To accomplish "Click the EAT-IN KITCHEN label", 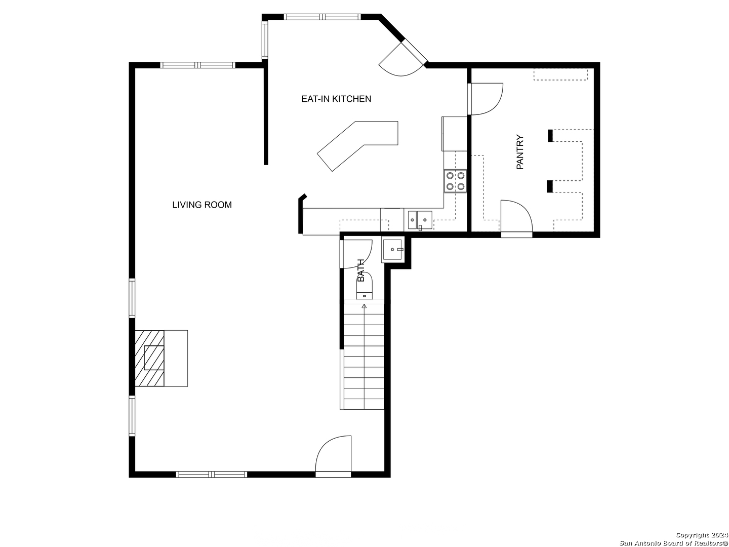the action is tap(336, 99).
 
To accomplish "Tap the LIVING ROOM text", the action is tap(202, 205).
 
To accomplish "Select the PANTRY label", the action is tap(520, 152).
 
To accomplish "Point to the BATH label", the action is tap(360, 270).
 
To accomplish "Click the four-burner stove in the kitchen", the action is tap(455, 181).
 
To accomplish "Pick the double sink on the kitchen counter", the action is tap(420, 220).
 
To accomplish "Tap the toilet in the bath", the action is tap(364, 286).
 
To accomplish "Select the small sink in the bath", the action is tap(393, 249).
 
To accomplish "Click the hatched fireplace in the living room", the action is tap(149, 359).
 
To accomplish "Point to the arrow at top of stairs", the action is tap(364, 306).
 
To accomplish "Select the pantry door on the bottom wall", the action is tap(516, 218).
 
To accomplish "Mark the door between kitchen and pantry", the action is tap(485, 99).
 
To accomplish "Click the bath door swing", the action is tap(356, 254).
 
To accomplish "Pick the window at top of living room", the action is tap(198, 65).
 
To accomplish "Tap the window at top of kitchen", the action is tap(322, 17).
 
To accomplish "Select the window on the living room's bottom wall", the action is tap(212, 474).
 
